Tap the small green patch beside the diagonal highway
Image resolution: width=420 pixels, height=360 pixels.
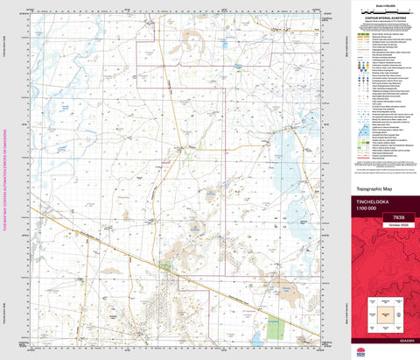tap(164, 264)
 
